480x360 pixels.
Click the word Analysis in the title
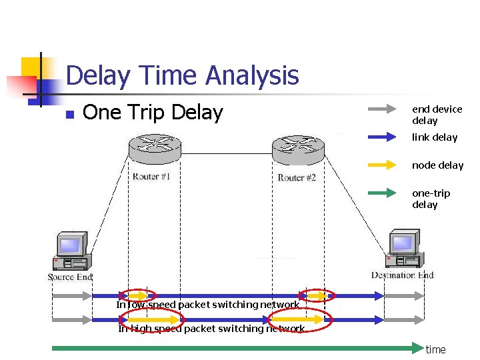pos(252,76)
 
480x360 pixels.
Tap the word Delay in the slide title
pos(97,76)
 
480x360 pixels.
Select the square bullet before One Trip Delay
pos(69,114)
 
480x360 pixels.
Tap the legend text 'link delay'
pos(435,137)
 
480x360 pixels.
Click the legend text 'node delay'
pos(437,165)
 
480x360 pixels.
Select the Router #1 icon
pos(154,147)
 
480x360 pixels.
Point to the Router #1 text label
pos(151,177)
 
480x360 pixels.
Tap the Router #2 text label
pos(297,177)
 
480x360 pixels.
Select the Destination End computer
pos(404,248)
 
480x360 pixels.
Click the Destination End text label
pos(402,275)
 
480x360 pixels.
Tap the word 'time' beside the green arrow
pos(435,349)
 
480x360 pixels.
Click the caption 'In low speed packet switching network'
pos(207,305)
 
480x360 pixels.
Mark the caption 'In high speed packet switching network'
pos(211,329)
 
